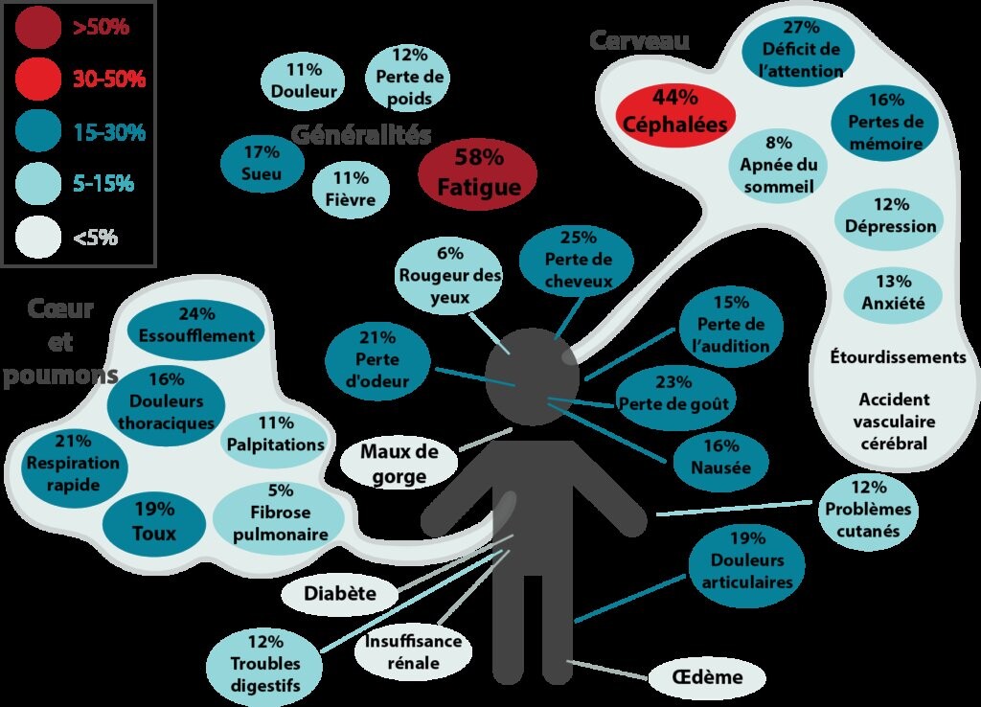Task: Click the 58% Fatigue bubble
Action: (x=477, y=174)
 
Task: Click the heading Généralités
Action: (x=359, y=134)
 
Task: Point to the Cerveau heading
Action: (x=639, y=40)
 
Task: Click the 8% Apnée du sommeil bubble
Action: (x=778, y=164)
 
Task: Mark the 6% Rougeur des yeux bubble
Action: (x=449, y=276)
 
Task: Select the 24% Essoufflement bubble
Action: (x=196, y=326)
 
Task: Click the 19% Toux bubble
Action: (x=153, y=522)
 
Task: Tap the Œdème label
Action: (x=709, y=678)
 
